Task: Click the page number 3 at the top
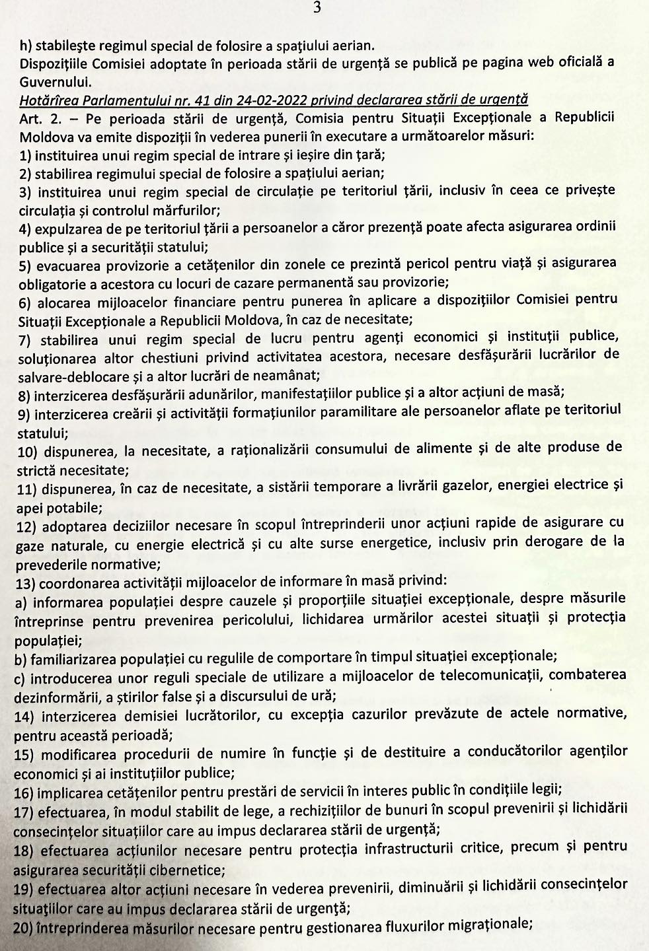pyautogui.click(x=318, y=7)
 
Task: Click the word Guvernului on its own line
pyautogui.click(x=55, y=82)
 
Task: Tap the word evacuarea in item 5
pyautogui.click(x=68, y=265)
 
